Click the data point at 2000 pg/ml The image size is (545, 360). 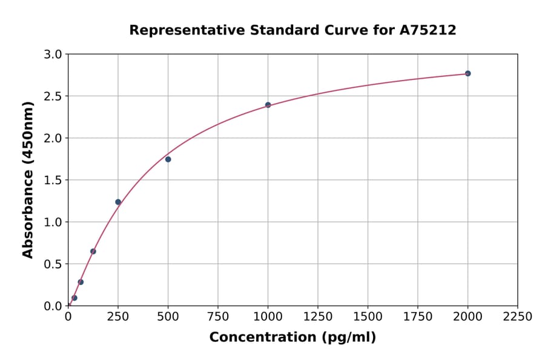(467, 73)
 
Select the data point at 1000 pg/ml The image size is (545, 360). (268, 105)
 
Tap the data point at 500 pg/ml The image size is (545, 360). (168, 159)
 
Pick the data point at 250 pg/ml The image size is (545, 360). (118, 202)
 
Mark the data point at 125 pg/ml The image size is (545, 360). (93, 251)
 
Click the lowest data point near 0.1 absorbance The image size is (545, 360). (74, 298)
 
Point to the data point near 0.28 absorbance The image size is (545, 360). (81, 282)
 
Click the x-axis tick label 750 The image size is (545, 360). (218, 317)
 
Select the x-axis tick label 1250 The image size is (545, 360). (318, 317)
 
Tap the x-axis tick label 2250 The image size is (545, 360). (518, 317)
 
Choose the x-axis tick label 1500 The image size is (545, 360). (368, 317)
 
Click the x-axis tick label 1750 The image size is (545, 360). (418, 317)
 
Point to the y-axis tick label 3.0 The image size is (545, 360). (53, 55)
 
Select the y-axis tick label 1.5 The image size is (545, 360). (53, 180)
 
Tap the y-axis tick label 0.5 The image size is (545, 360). (53, 264)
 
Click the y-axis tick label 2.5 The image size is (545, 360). (53, 96)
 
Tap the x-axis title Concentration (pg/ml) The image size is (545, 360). (292, 338)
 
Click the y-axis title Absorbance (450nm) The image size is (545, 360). (28, 179)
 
